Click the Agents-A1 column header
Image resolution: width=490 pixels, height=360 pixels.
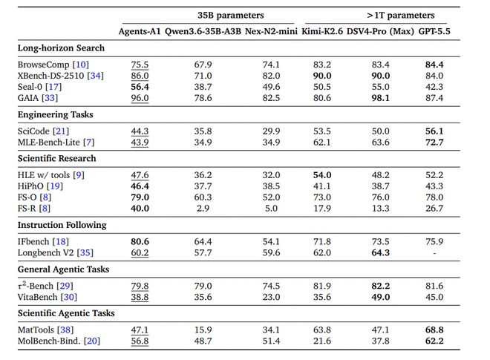click(x=140, y=31)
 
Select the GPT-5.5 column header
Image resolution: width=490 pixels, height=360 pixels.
click(x=434, y=31)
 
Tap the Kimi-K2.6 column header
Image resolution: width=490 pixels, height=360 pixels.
click(x=322, y=31)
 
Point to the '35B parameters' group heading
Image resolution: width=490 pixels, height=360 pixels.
click(x=231, y=16)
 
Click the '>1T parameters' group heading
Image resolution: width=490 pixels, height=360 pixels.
click(x=401, y=16)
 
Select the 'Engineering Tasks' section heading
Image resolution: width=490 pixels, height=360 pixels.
click(x=56, y=114)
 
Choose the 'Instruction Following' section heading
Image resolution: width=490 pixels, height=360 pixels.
click(x=62, y=225)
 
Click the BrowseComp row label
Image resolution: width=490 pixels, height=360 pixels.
click(x=44, y=65)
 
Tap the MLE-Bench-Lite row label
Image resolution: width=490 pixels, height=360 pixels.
click(x=49, y=143)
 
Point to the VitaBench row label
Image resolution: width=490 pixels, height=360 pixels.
click(x=38, y=297)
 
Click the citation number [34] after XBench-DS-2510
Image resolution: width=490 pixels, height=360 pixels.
click(x=95, y=76)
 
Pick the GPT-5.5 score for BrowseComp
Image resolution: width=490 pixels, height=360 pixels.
click(x=434, y=65)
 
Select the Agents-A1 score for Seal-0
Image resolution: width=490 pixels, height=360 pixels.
click(x=140, y=87)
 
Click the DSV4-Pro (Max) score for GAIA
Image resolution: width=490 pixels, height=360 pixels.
click(x=381, y=98)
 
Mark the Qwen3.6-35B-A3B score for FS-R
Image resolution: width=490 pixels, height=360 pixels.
click(x=203, y=209)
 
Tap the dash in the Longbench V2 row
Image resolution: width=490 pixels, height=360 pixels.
click(x=434, y=253)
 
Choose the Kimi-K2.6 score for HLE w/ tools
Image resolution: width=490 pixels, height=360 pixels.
click(x=322, y=175)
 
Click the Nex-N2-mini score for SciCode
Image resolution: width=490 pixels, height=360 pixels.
click(x=271, y=131)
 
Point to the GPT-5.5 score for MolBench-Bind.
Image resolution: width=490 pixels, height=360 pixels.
click(x=434, y=341)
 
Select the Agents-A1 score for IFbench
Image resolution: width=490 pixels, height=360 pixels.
click(x=140, y=241)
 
